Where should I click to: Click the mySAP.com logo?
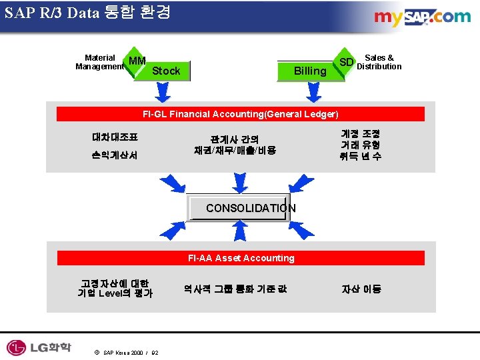tap(422, 17)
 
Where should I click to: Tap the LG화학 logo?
tap(38, 347)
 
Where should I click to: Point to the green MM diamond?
tap(137, 62)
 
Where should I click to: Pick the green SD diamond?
tap(346, 63)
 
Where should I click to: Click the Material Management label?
tap(100, 62)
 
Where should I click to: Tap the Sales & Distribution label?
tap(379, 62)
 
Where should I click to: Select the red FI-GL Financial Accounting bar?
tap(241, 114)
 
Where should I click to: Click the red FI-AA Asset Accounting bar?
tap(241, 258)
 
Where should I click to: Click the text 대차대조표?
tap(115, 137)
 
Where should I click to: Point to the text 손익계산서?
tap(115, 155)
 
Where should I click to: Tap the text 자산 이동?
tap(361, 289)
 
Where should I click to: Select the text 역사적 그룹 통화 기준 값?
tap(235, 289)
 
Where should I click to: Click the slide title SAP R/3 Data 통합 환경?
tap(87, 12)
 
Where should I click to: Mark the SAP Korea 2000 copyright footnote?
tap(126, 352)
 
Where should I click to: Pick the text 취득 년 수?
tap(360, 156)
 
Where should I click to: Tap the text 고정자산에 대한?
tap(115, 283)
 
